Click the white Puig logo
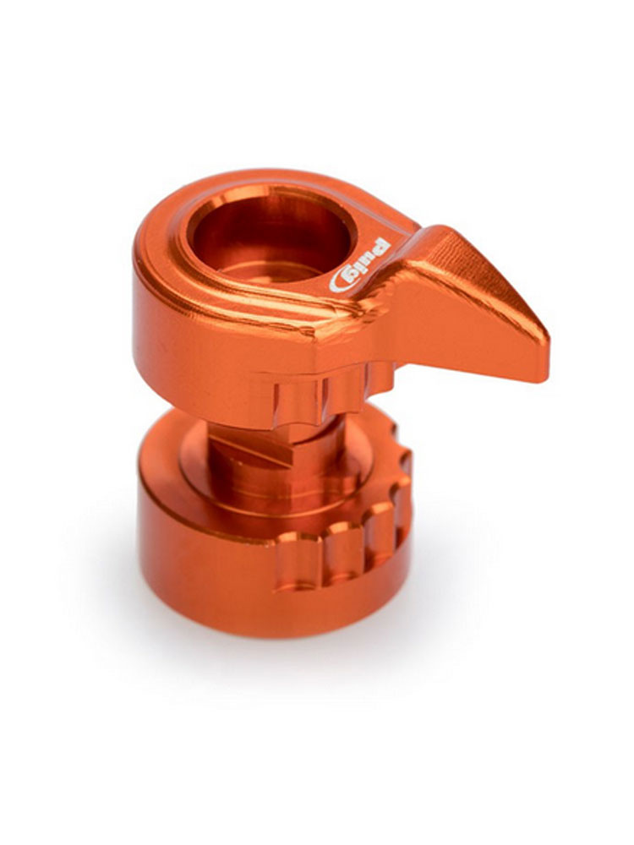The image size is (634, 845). pos(359,264)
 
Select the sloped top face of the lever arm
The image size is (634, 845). pos(474,286)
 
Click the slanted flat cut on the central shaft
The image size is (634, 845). pos(254,450)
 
